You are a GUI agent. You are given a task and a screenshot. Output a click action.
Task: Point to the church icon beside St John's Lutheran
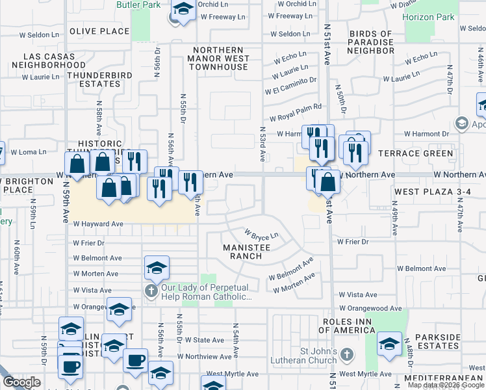347,354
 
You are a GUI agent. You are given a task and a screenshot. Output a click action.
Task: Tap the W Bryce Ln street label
261,233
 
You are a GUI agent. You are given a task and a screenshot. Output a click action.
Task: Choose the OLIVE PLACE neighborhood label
99,31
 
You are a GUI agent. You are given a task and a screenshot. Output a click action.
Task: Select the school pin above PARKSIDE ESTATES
389,344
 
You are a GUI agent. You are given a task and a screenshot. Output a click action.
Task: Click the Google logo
21,383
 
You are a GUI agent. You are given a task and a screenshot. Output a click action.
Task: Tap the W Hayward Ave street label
98,224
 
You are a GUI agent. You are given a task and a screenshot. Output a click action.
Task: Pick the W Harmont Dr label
426,134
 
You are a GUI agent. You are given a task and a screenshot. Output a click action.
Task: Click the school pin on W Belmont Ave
156,267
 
